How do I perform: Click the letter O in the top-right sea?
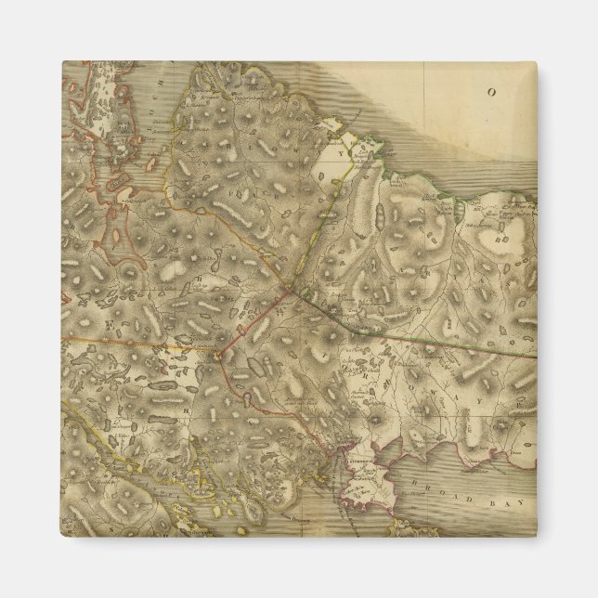coord(492,92)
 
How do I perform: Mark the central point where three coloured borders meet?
coord(289,290)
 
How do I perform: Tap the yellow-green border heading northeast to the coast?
coord(320,223)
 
